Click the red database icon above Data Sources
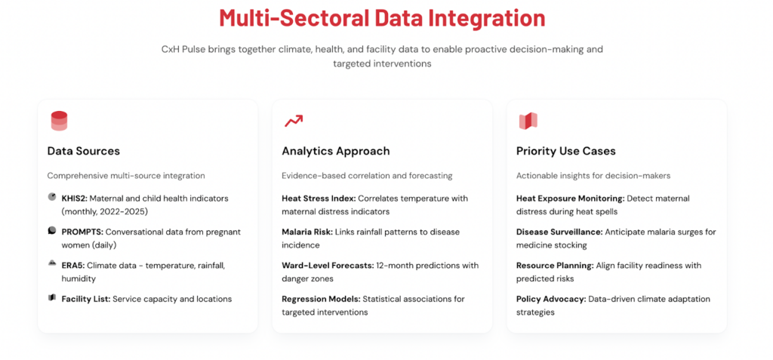59,121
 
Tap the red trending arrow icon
294,121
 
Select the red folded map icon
528,121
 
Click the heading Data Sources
83,151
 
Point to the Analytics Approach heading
336,152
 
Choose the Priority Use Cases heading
566,151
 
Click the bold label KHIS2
75,198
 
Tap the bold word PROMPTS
82,232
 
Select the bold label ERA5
73,266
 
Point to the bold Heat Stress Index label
319,198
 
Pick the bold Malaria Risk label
308,232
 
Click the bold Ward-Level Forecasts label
328,266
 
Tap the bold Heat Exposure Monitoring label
571,198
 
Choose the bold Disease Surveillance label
559,232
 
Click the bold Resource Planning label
555,266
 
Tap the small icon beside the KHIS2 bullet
52,197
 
